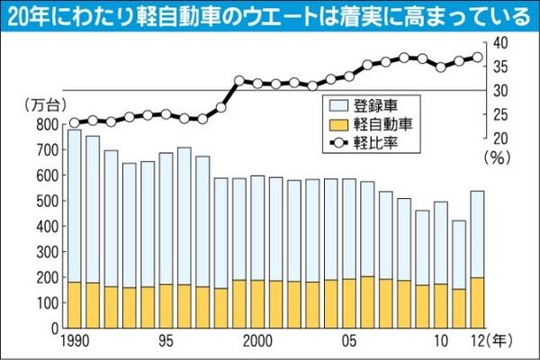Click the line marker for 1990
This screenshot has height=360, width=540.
point(74,123)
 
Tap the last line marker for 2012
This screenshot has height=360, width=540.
point(477,58)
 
